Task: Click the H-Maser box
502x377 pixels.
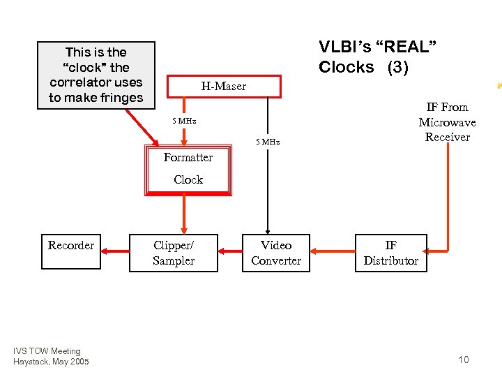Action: [x=224, y=86]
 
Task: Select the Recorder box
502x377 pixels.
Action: [x=70, y=252]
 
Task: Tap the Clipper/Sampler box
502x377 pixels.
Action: [x=174, y=252]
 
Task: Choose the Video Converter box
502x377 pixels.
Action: [x=276, y=252]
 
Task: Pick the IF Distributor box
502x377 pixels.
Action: [x=390, y=252]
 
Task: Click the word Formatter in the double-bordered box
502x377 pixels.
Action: [x=188, y=158]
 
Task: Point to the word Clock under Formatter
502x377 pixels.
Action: [x=188, y=179]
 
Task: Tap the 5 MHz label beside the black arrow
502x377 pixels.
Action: [x=267, y=142]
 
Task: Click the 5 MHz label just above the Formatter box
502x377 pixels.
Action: [x=184, y=121]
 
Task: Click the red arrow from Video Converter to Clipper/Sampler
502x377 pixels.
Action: [x=231, y=251]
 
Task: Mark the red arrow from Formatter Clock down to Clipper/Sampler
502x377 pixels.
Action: [x=185, y=214]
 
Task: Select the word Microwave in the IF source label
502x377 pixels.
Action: [x=447, y=122]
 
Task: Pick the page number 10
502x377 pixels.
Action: [x=464, y=360]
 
